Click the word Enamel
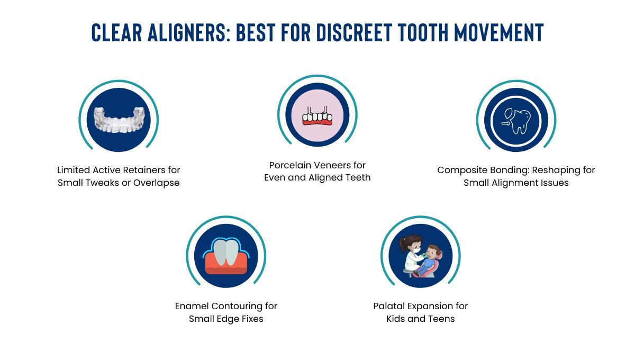click(192, 306)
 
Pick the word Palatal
click(389, 306)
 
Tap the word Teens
click(442, 319)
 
